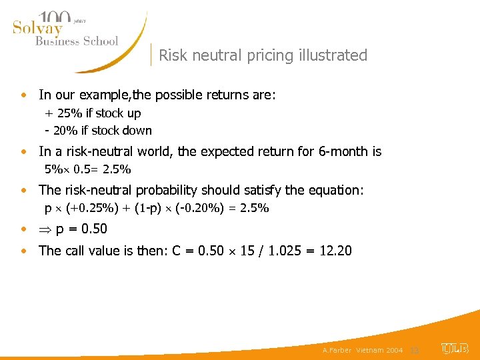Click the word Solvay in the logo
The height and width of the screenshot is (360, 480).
[37, 28]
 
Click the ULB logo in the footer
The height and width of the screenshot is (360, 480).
[455, 349]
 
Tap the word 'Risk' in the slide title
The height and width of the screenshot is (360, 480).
[172, 55]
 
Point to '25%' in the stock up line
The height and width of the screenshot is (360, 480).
[69, 113]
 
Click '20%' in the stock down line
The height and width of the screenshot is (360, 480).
[66, 131]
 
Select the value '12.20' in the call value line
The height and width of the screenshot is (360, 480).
[335, 251]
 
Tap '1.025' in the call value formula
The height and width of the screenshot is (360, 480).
[283, 251]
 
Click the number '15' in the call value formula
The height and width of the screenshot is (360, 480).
[248, 251]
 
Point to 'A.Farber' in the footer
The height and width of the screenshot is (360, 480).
[337, 350]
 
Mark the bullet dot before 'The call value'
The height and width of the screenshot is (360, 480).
[24, 251]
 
